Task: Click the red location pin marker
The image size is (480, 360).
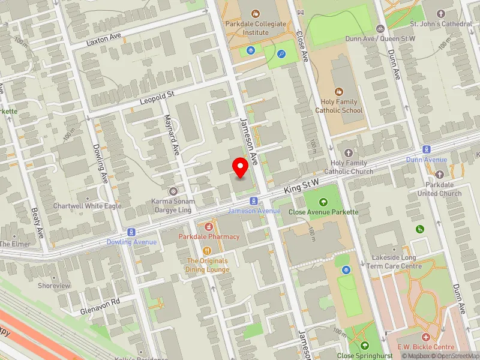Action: tap(241, 167)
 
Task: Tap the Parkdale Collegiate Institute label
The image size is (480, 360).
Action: tap(256, 28)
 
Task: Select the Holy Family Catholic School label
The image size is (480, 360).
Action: tap(339, 106)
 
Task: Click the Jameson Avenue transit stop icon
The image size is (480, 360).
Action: tap(254, 200)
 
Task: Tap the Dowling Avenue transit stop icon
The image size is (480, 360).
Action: tap(131, 232)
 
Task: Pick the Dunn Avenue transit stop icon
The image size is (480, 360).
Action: tap(427, 149)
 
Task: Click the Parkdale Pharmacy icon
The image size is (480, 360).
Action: tap(209, 227)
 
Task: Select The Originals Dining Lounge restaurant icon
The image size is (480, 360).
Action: tap(208, 251)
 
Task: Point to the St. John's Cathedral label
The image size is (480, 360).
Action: tap(441, 23)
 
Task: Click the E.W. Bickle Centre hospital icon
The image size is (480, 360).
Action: tap(425, 338)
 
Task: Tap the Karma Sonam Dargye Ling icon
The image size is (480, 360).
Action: tap(173, 191)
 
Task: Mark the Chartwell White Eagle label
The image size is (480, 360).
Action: tap(87, 205)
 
